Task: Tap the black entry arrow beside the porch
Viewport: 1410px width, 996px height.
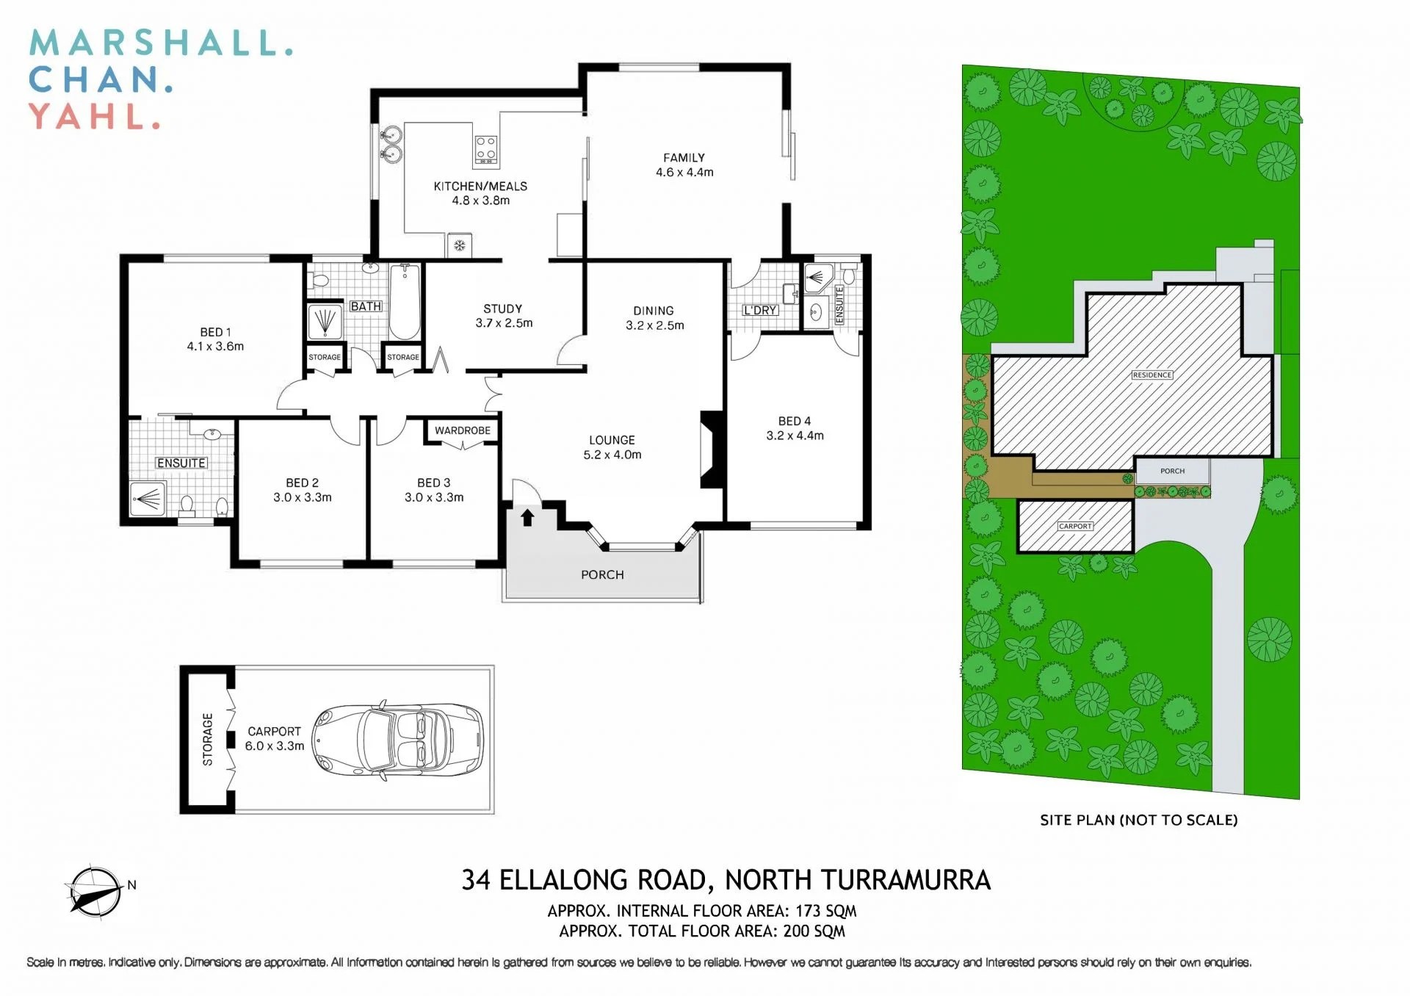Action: [x=527, y=518]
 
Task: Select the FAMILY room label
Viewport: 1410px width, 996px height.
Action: [x=684, y=157]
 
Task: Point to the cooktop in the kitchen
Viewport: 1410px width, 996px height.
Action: [x=485, y=149]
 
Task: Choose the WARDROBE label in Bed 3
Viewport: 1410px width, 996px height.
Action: [x=462, y=430]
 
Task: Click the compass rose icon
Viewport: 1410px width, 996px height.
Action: [x=94, y=891]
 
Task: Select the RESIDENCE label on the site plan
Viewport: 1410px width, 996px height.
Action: [x=1151, y=375]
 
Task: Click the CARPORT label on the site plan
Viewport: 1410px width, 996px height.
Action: [x=1075, y=527]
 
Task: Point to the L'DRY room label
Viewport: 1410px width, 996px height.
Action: [x=759, y=311]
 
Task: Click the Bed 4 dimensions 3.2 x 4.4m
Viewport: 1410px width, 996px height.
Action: [x=795, y=436]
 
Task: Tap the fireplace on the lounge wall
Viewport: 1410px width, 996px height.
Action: [x=710, y=449]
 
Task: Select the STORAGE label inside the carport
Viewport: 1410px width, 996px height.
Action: [x=208, y=739]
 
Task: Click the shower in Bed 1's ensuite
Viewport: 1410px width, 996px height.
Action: [x=148, y=499]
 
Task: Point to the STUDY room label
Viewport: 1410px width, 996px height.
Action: [x=502, y=308]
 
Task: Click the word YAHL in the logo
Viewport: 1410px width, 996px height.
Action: [x=94, y=117]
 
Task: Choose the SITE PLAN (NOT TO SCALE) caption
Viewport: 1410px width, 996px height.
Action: [x=1138, y=820]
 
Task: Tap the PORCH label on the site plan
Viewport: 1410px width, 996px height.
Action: [x=1172, y=471]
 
